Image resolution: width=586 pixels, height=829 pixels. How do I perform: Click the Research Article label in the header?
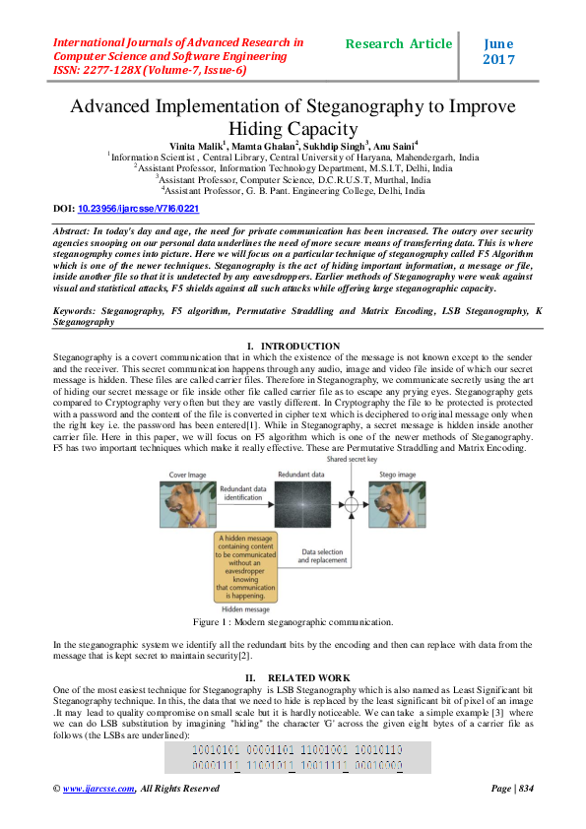tap(399, 44)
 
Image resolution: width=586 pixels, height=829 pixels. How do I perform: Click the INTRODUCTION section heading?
tap(299, 346)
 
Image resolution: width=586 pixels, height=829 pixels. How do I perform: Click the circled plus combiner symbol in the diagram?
tap(352, 508)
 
